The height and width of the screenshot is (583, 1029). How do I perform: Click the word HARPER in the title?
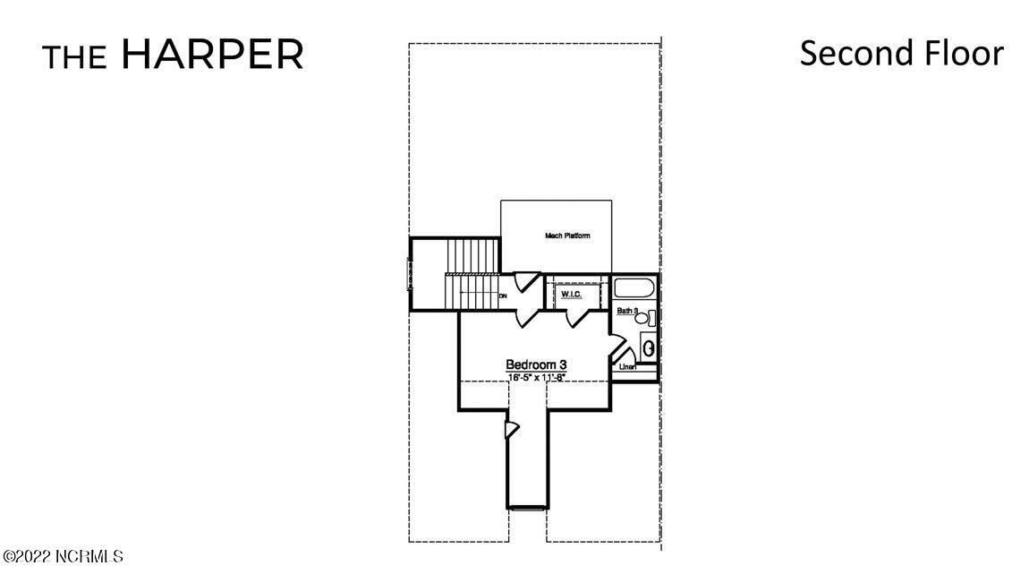pos(212,55)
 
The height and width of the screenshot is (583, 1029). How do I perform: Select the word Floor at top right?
pos(965,53)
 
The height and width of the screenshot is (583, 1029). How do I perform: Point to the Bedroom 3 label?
pos(536,364)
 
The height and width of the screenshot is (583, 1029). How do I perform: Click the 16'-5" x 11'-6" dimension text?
pos(537,377)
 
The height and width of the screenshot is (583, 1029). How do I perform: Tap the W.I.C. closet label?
pos(571,294)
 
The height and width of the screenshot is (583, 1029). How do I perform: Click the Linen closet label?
pos(627,366)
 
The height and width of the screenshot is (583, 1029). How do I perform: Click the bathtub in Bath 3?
pos(634,289)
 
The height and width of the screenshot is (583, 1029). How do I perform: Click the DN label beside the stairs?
pos(503,296)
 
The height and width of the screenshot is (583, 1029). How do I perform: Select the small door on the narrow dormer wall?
pos(511,431)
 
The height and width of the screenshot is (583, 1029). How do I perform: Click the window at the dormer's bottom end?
pos(527,509)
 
